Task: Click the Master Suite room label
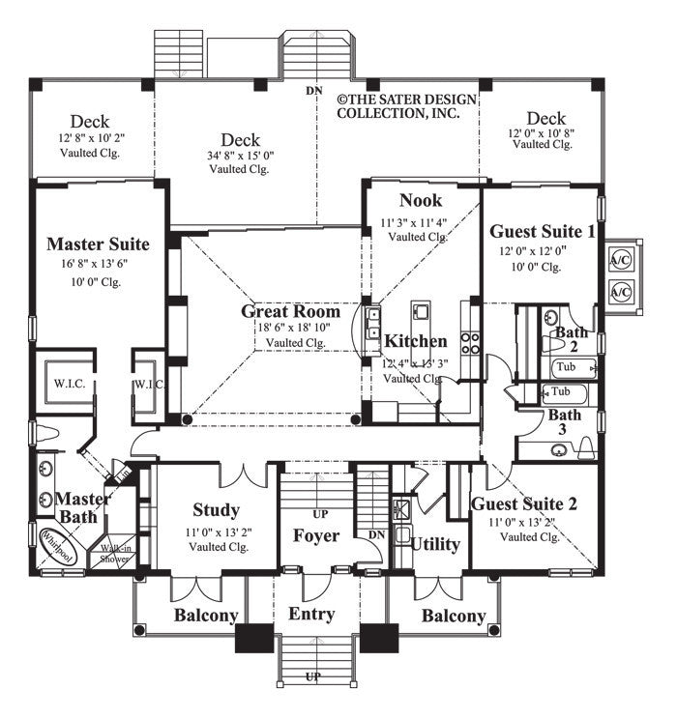(x=98, y=244)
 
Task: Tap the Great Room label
(x=290, y=311)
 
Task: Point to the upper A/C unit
(x=619, y=258)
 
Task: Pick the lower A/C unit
(x=619, y=290)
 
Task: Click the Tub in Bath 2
(x=566, y=367)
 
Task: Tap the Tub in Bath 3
(x=558, y=392)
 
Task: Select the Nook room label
(x=421, y=201)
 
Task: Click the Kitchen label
(x=416, y=341)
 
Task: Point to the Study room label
(x=216, y=509)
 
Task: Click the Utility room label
(x=435, y=544)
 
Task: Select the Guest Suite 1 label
(x=542, y=231)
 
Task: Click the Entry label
(x=311, y=614)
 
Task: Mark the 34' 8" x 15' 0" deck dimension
(x=240, y=156)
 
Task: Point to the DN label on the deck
(x=313, y=91)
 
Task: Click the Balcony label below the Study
(x=206, y=616)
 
